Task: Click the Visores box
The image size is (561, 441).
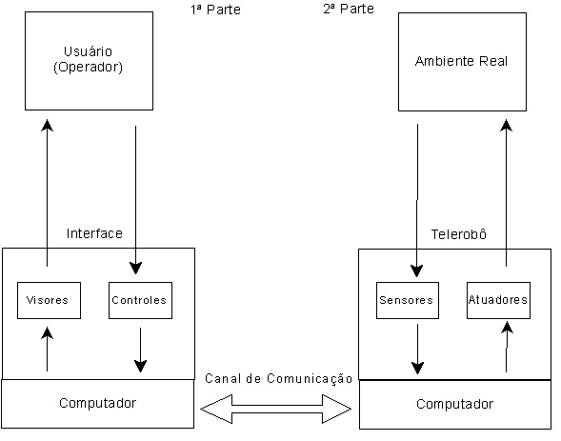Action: [49, 300]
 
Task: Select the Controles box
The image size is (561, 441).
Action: [140, 300]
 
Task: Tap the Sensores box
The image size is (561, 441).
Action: [408, 300]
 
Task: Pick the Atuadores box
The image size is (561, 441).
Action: [498, 300]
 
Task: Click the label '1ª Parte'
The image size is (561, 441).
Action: [216, 10]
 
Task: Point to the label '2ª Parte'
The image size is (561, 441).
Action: [349, 9]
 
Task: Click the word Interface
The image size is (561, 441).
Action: [94, 233]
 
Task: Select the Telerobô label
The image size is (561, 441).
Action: [459, 234]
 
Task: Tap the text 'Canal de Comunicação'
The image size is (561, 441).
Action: [279, 379]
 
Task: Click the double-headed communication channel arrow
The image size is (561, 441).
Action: [276, 409]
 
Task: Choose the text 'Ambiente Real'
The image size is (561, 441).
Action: [461, 61]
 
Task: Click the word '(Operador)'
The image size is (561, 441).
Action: [88, 67]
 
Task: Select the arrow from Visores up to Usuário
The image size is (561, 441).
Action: [47, 193]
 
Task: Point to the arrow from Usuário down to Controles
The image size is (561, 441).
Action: [135, 200]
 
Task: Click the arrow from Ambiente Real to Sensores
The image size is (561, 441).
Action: [417, 201]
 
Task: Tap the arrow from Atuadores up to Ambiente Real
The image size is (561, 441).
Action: [506, 193]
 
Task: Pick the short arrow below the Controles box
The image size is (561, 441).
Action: [140, 350]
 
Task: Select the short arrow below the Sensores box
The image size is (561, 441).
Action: [417, 349]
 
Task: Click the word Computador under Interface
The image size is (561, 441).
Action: [98, 403]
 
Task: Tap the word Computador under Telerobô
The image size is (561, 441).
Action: [454, 404]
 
